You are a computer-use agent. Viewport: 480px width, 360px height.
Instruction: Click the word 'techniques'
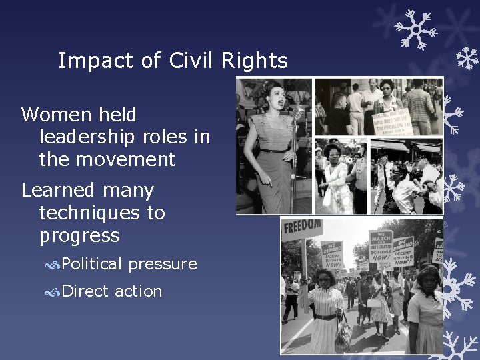102,213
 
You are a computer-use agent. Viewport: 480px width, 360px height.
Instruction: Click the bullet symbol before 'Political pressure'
53,265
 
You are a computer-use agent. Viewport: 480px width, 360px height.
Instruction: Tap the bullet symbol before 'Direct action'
53,292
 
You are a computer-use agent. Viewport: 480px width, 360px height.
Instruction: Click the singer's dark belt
274,151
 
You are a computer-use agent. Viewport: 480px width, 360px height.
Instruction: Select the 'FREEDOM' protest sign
302,228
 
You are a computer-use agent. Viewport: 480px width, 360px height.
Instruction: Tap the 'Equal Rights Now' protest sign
331,256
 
